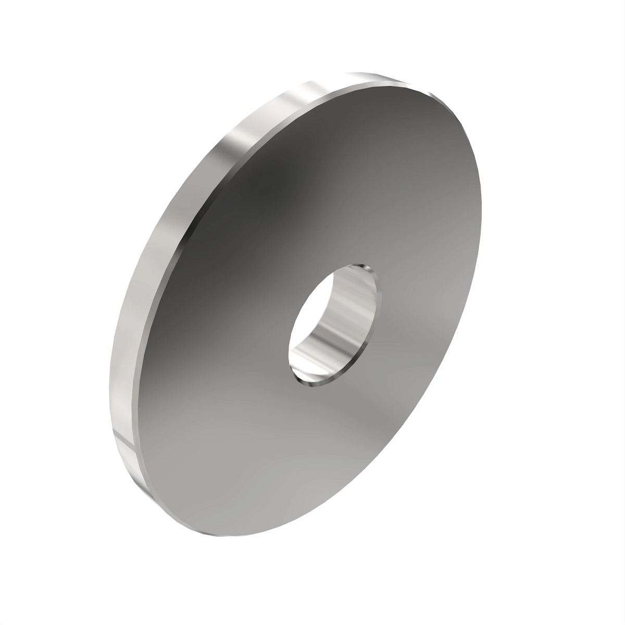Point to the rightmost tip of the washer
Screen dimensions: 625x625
pyautogui.click(x=481, y=208)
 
